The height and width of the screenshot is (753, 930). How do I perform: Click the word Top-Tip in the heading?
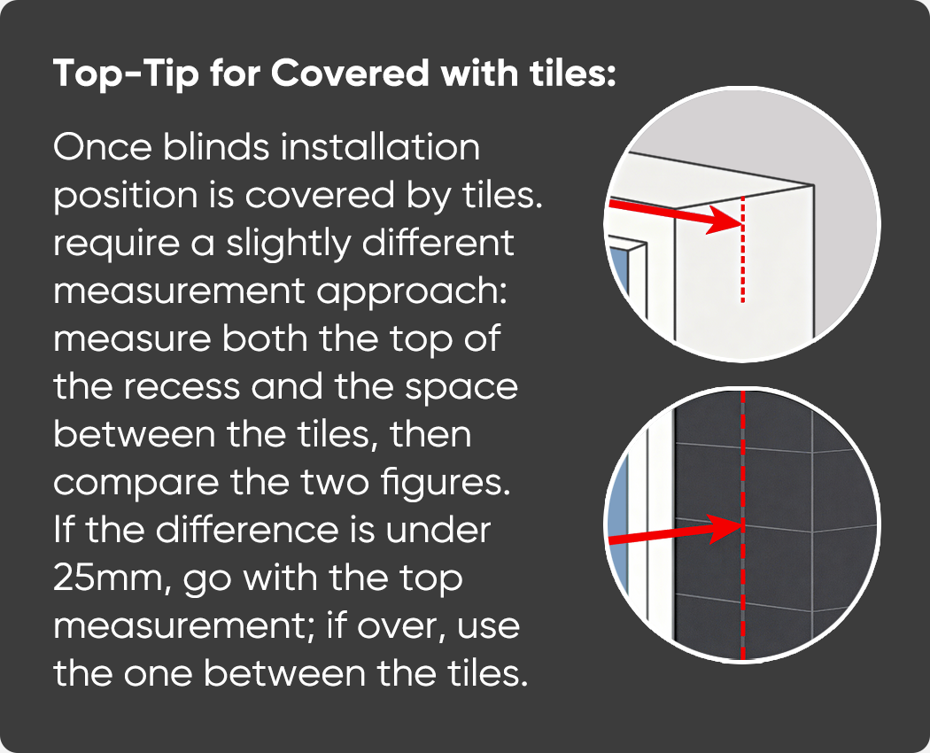pyautogui.click(x=126, y=74)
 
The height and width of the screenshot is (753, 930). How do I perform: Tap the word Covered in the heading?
pyautogui.click(x=350, y=73)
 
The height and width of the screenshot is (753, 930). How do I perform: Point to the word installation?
pyautogui.click(x=380, y=146)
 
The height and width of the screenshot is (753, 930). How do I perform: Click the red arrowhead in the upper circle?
pyautogui.click(x=725, y=221)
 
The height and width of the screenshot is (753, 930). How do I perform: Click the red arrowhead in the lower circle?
pyautogui.click(x=725, y=527)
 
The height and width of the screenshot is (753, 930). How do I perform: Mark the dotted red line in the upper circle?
pyautogui.click(x=742, y=249)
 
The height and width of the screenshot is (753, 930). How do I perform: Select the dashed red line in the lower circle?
pyautogui.click(x=742, y=525)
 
